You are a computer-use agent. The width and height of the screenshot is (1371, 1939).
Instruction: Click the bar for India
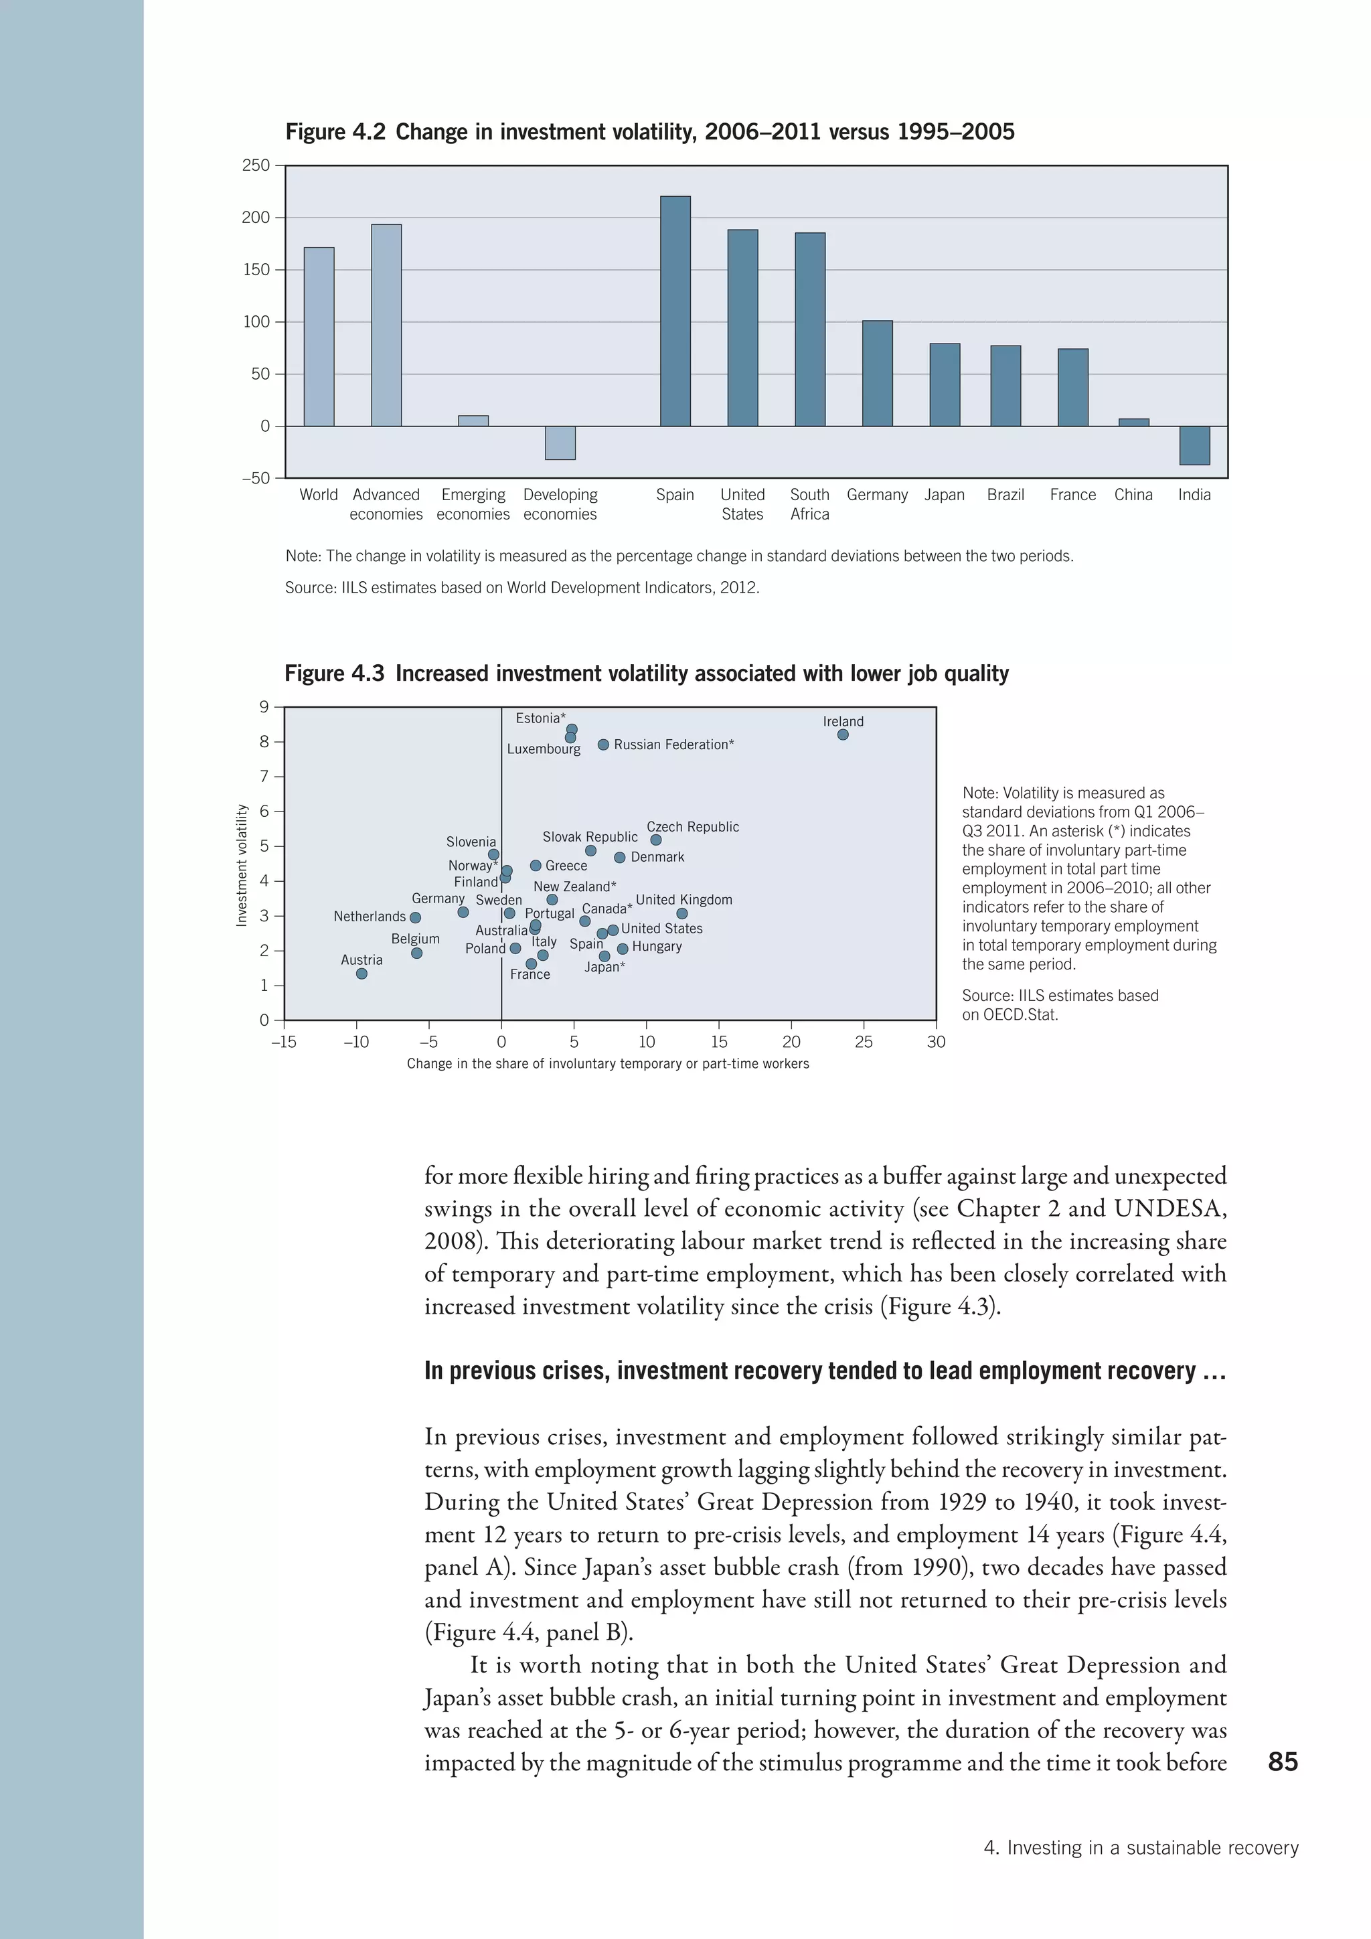coord(1194,445)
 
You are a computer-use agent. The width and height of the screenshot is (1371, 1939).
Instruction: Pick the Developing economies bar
coord(560,443)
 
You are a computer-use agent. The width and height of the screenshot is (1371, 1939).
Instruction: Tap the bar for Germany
coord(877,374)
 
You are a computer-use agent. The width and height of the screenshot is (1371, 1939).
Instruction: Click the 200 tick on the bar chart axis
coord(256,218)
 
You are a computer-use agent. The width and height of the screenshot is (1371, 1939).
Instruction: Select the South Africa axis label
coord(809,504)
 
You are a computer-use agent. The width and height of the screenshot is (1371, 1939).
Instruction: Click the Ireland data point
coord(843,734)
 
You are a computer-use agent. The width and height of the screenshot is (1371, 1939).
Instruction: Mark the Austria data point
coord(361,974)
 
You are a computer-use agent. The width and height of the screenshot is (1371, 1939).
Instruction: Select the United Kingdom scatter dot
coord(682,914)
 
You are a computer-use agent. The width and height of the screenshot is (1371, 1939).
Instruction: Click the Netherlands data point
coord(414,917)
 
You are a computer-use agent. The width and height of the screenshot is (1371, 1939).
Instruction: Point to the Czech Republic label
coord(692,827)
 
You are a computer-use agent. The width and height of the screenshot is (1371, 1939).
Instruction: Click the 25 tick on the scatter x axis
coord(863,1042)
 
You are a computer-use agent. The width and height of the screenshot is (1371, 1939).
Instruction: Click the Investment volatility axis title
coord(242,865)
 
